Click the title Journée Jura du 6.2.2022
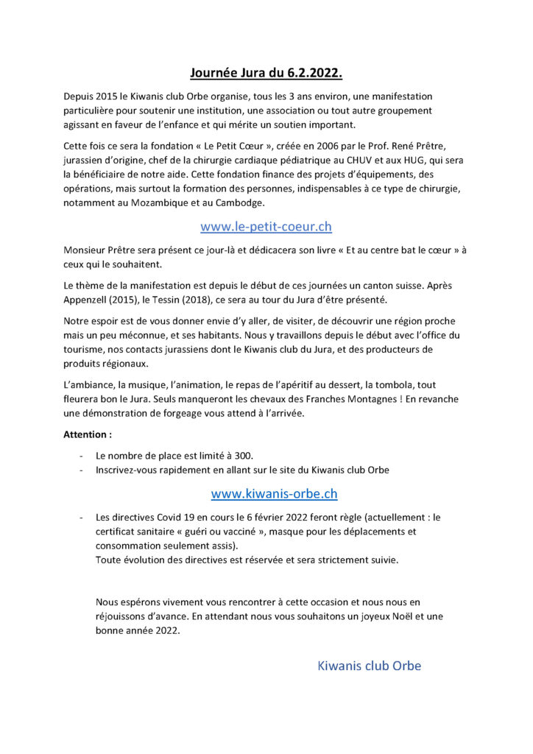[x=266, y=73]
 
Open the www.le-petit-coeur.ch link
[x=266, y=227]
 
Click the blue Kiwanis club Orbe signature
[x=369, y=666]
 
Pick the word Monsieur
[x=87, y=250]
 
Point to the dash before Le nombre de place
[x=80, y=456]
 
